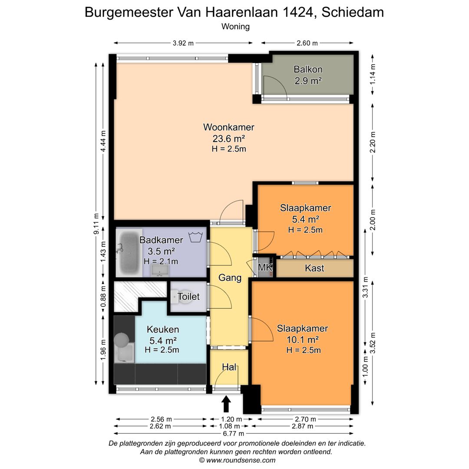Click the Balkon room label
(308, 69)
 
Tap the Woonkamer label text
(228, 127)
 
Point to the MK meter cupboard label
(264, 268)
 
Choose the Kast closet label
(314, 268)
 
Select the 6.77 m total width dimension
(234, 433)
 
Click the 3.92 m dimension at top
(183, 43)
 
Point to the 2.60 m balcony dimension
(307, 43)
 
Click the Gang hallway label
(230, 278)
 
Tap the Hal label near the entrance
(229, 367)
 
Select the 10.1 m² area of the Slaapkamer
(303, 339)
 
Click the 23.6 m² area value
(228, 139)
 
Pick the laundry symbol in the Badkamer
(196, 237)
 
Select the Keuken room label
(163, 329)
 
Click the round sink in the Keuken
(122, 338)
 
